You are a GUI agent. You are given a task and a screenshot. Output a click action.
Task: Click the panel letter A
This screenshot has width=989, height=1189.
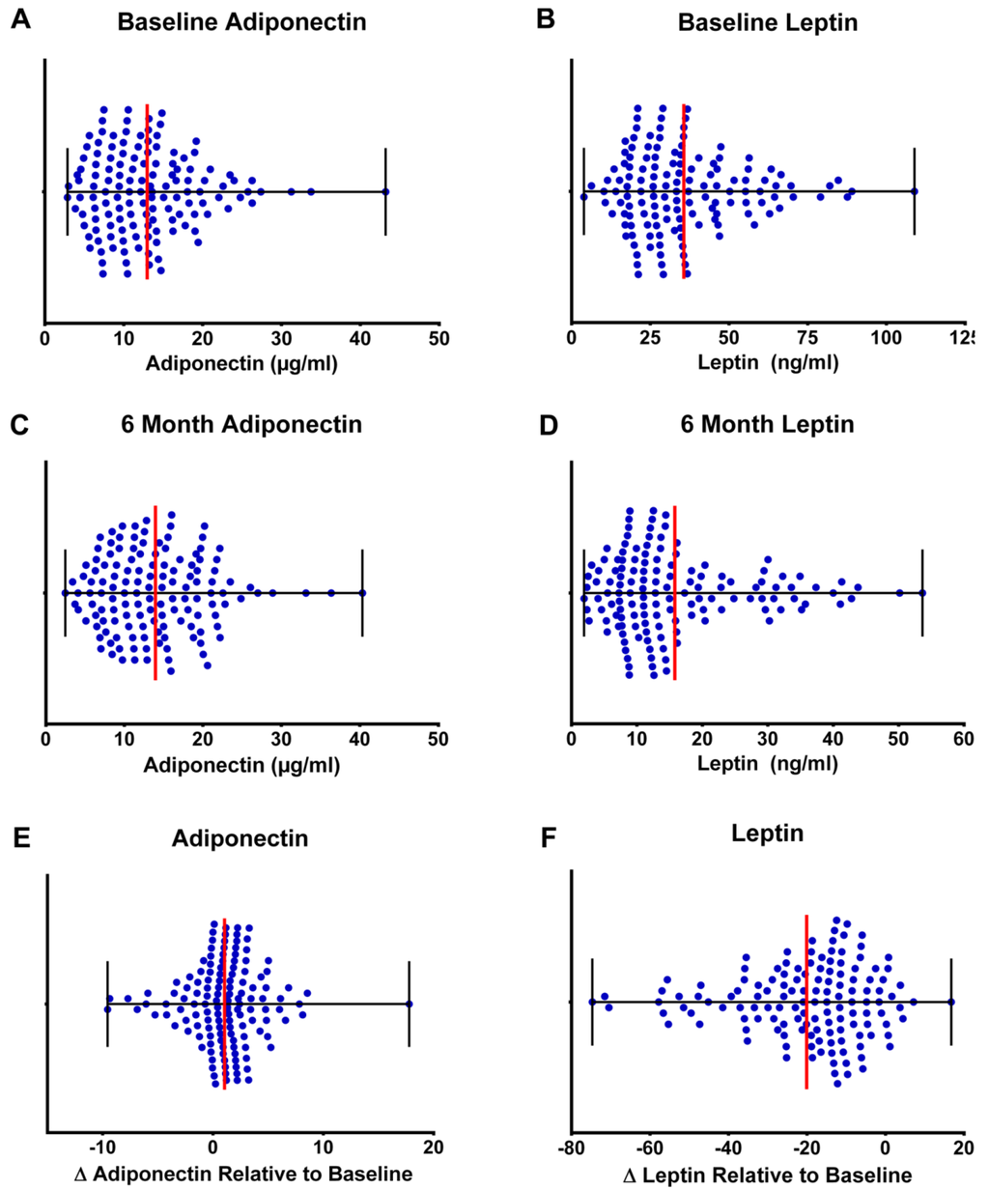(x=17, y=20)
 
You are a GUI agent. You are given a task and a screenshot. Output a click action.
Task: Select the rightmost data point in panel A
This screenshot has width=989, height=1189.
(x=385, y=191)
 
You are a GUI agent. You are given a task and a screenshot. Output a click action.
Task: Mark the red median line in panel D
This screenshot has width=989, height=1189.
(x=674, y=593)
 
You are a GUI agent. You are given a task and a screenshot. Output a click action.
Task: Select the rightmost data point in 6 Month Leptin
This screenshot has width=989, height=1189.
(x=922, y=593)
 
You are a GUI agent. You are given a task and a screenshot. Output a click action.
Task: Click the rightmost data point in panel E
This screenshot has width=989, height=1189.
(x=410, y=1004)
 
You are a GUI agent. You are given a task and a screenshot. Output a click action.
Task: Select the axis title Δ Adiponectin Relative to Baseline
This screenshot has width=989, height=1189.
(x=243, y=1174)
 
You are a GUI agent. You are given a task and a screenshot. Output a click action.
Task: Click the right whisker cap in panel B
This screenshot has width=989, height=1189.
(x=915, y=191)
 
